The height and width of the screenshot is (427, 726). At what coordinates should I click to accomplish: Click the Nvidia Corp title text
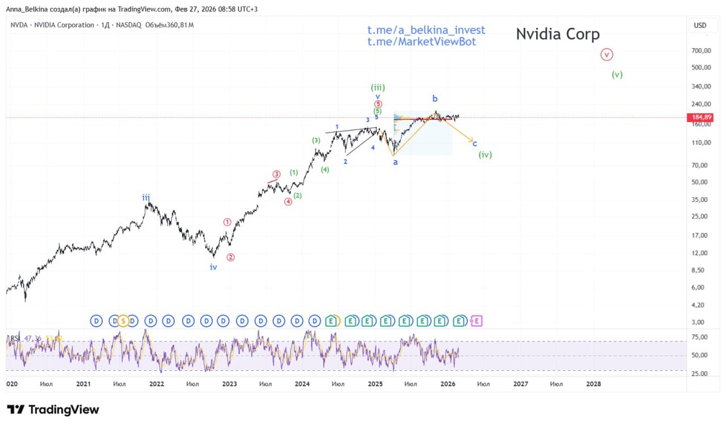pos(557,34)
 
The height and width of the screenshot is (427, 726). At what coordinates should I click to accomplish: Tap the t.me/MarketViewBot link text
pos(421,42)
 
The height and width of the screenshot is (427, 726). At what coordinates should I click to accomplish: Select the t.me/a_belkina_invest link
pos(426,30)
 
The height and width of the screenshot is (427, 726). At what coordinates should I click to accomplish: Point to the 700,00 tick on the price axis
pos(699,51)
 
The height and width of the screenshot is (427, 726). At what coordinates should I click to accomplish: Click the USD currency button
pos(699,25)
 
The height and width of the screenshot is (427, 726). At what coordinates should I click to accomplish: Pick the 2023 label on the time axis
pos(229,383)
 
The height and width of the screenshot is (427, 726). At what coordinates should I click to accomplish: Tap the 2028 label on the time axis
pos(594,383)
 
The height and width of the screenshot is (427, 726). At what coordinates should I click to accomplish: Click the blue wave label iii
pos(146,197)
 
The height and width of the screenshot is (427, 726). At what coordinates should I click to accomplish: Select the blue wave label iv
pos(214,267)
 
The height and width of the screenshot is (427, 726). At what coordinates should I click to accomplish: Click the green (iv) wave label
pos(485,155)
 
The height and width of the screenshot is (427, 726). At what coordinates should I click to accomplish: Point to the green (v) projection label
pos(616,75)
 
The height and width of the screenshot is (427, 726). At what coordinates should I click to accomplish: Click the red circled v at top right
pos(607,54)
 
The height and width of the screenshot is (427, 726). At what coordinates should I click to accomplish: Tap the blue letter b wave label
pos(434,98)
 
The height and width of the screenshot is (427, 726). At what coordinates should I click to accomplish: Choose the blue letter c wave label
pos(475,143)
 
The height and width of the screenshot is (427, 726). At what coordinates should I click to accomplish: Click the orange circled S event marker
pos(123,321)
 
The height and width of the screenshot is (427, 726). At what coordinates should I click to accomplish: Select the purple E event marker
pos(476,321)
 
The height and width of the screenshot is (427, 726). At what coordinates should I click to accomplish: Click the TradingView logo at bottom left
pos(53,409)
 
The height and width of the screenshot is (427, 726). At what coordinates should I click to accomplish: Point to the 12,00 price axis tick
pos(699,253)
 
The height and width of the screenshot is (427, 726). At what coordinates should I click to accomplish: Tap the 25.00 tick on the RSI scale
pos(699,373)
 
